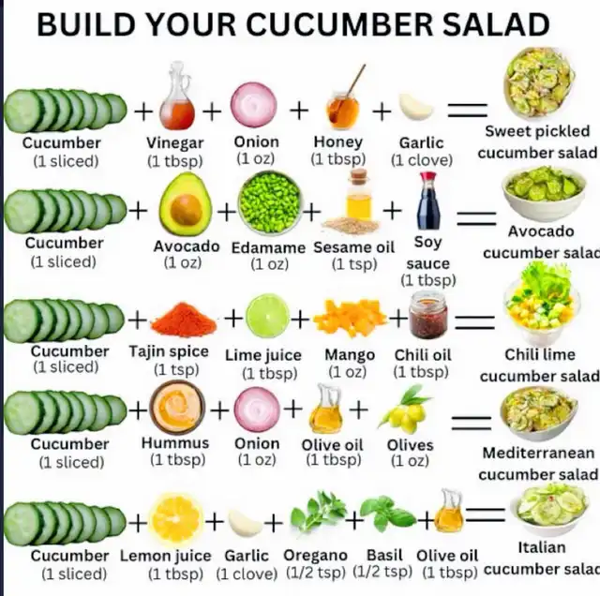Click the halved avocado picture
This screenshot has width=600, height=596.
tap(186, 204)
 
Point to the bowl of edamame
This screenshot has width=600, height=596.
tap(270, 203)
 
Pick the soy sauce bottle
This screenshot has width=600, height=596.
tap(428, 201)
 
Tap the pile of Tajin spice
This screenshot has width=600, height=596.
tap(184, 320)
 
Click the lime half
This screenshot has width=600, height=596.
tap(267, 316)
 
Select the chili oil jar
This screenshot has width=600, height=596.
tap(428, 315)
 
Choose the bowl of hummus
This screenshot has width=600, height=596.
tap(177, 408)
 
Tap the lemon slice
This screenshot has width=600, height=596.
tap(176, 519)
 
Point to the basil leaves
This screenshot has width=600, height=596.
tap(388, 514)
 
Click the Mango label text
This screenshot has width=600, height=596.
tap(350, 355)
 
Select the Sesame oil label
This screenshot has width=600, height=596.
tap(354, 247)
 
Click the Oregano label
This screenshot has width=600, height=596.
tap(315, 556)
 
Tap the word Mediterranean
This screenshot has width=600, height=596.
tap(538, 453)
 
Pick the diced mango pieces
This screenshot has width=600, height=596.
tap(350, 318)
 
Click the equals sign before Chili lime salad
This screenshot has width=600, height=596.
tap(474, 322)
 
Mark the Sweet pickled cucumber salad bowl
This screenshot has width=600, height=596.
tap(540, 82)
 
